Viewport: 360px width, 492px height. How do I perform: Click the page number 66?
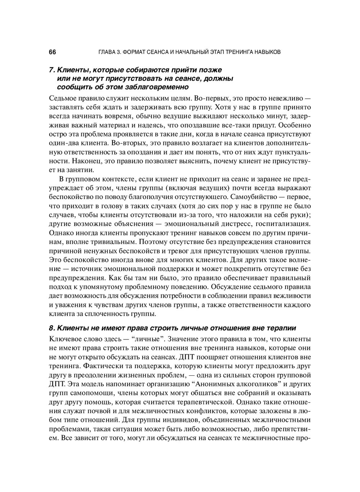pyautogui.click(x=52, y=52)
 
